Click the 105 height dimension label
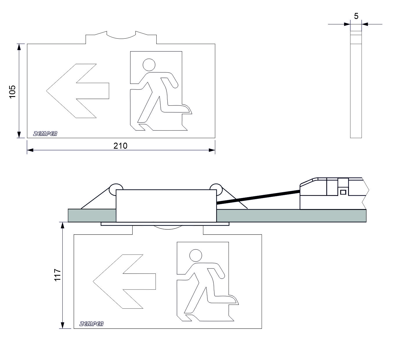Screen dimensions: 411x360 click(x=12, y=92)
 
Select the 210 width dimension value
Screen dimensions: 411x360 click(x=120, y=146)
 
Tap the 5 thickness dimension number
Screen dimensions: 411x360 click(x=356, y=16)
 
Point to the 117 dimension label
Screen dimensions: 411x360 click(x=58, y=275)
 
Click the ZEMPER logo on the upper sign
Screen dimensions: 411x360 click(x=45, y=134)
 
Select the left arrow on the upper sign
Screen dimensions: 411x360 click(x=78, y=91)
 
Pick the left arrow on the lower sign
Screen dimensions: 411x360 click(x=124, y=281)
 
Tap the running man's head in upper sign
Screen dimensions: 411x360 click(x=149, y=65)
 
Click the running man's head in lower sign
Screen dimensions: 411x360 click(x=196, y=255)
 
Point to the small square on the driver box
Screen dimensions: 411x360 click(x=343, y=192)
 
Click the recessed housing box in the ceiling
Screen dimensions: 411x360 click(x=166, y=206)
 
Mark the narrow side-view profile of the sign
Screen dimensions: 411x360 click(x=356, y=84)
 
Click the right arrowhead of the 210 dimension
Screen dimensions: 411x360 click(x=212, y=150)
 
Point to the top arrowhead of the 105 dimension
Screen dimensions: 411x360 click(x=19, y=47)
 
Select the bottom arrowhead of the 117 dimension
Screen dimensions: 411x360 click(x=62, y=331)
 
